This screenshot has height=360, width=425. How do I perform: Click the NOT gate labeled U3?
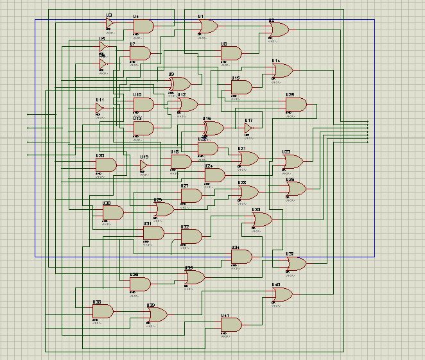109,23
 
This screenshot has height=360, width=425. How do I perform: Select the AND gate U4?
143,26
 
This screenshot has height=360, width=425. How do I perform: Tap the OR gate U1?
208,26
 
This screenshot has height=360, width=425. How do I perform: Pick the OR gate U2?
279,30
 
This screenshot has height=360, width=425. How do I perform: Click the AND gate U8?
230,53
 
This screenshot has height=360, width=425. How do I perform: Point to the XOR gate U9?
180,84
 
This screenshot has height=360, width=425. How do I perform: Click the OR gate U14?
282,71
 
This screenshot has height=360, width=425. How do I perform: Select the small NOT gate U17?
248,128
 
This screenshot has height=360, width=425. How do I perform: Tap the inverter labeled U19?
144,165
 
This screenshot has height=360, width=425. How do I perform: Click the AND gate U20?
105,165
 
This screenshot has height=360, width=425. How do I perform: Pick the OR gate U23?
292,161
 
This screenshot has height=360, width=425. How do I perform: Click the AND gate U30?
112,212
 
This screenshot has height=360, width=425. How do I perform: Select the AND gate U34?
241,257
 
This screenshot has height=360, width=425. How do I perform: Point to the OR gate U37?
296,263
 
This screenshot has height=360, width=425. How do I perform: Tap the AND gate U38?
103,311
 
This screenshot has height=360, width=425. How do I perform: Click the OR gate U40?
282,295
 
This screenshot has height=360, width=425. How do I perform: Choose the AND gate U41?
231,325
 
